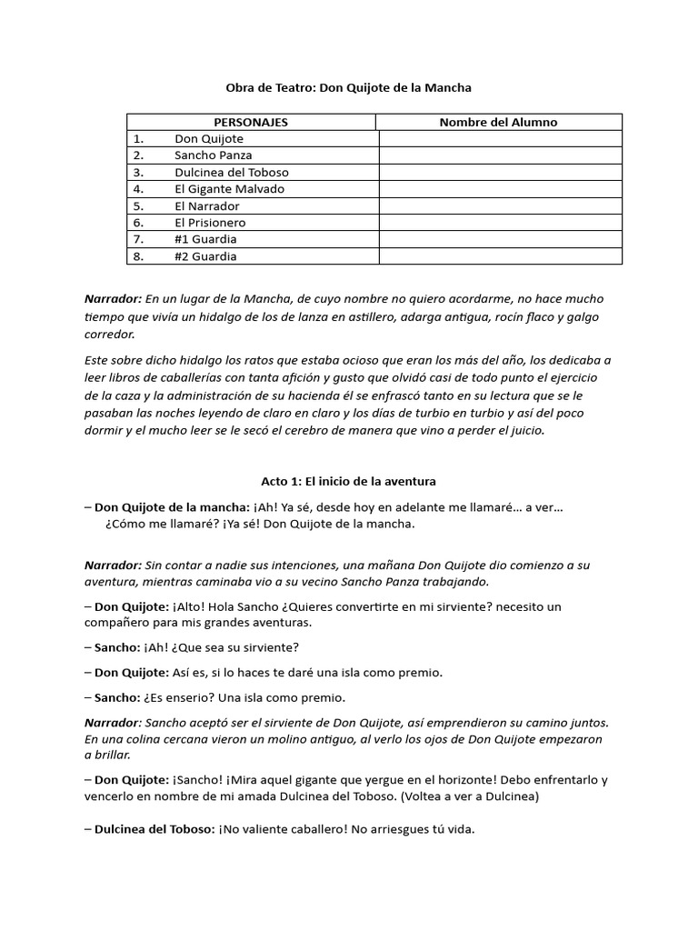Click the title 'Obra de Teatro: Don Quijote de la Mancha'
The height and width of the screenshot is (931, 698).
(x=349, y=88)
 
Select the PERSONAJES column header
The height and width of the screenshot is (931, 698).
(x=251, y=122)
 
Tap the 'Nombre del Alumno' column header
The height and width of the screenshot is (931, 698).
(x=498, y=122)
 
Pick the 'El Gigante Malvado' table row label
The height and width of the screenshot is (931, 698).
(x=229, y=189)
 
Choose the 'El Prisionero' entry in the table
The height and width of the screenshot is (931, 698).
(x=210, y=222)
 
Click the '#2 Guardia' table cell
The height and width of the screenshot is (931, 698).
(x=205, y=256)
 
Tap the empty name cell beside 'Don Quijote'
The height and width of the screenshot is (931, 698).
(x=500, y=139)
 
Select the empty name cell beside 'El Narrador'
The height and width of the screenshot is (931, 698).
(x=500, y=205)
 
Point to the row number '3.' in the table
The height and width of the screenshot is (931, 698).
(x=138, y=172)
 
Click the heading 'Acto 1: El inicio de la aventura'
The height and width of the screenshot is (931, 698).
(x=349, y=481)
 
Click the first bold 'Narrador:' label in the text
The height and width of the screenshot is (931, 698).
(x=113, y=299)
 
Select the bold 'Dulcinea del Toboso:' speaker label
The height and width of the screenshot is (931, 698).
(x=155, y=830)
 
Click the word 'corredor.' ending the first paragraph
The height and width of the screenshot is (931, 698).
(x=109, y=334)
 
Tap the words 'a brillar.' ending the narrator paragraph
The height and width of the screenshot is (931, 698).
(x=107, y=756)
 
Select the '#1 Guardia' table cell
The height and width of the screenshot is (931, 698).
(x=205, y=239)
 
